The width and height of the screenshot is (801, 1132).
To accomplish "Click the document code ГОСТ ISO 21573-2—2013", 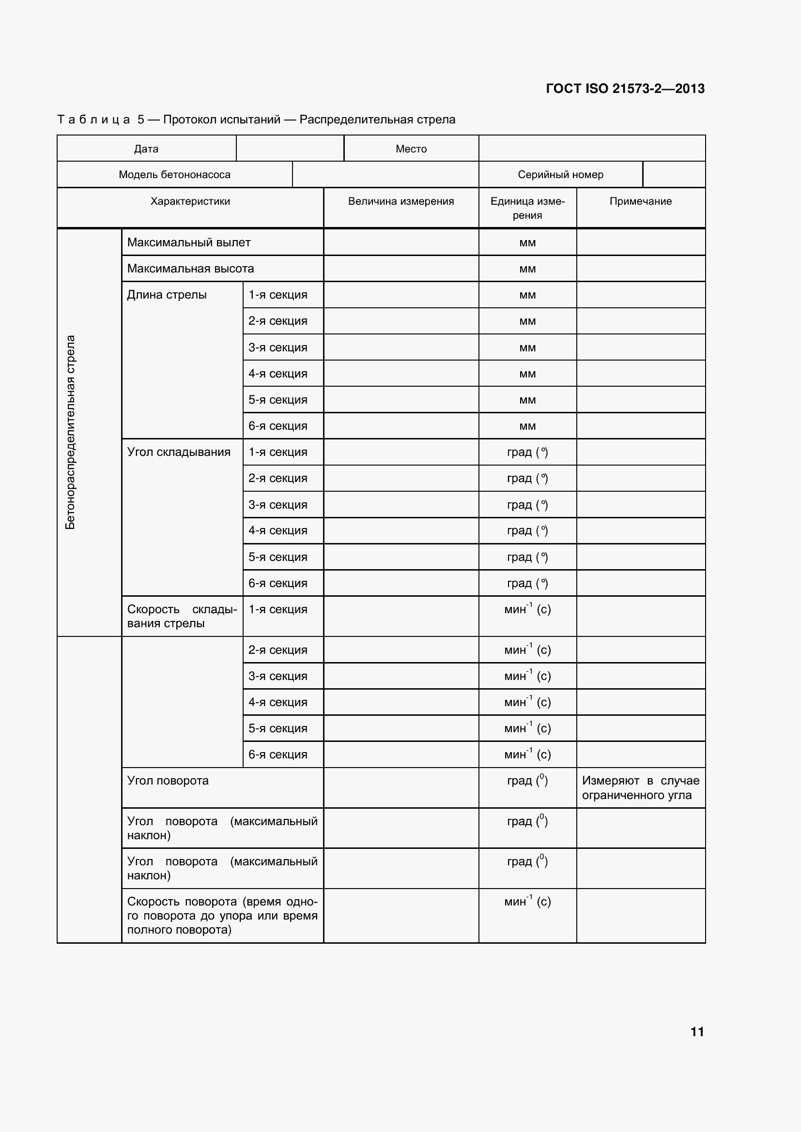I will [x=625, y=89].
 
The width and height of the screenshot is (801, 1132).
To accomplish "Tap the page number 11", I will [x=697, y=1031].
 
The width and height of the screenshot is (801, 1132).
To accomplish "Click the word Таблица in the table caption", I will [x=94, y=120].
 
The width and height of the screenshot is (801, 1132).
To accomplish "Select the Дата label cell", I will [x=146, y=149].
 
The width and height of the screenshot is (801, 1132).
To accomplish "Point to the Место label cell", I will [x=411, y=149].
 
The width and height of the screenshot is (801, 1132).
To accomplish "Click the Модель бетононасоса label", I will [x=174, y=175].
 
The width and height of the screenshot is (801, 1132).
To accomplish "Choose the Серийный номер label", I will [x=560, y=175].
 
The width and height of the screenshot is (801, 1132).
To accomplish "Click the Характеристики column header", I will [x=190, y=201].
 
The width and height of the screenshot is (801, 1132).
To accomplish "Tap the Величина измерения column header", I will [x=400, y=201].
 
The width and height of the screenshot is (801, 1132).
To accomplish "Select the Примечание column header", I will [x=640, y=201].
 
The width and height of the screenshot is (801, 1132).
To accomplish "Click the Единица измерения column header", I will [x=527, y=208].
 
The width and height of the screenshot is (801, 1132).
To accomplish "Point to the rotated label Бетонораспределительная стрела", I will [x=71, y=432].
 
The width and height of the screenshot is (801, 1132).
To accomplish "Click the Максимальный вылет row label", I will [x=189, y=242].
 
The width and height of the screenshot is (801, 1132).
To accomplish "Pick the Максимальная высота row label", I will [x=190, y=269].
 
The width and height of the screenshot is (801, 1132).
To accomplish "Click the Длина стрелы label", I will [x=167, y=295].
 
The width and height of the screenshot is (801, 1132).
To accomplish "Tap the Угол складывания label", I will [x=179, y=452].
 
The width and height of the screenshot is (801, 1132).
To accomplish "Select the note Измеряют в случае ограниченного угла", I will [x=640, y=787].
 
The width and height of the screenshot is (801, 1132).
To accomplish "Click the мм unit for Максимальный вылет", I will [x=527, y=242].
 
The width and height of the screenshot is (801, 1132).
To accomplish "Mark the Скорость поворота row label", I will [x=222, y=915].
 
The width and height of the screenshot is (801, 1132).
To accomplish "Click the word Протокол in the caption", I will [x=190, y=120].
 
